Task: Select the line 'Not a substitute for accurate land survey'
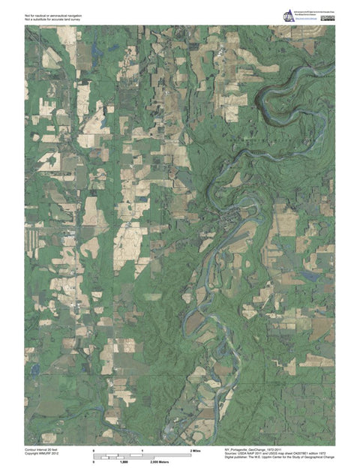pos(55,18)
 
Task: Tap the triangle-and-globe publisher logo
pos(288,16)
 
